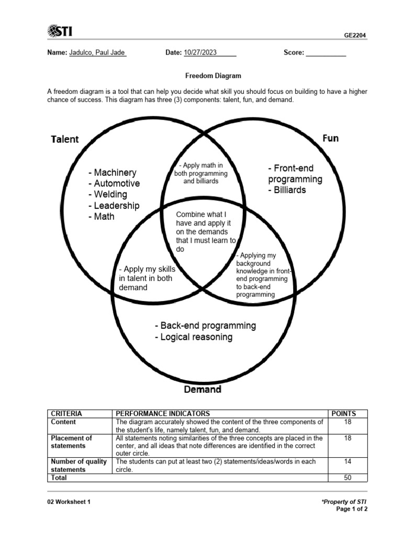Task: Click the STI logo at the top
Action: coord(60,31)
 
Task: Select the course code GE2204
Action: coord(355,35)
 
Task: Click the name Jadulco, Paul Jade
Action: coord(97,52)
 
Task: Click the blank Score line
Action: coord(326,53)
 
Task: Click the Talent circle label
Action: coord(65,139)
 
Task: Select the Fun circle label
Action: coord(330,138)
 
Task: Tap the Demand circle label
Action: coord(203,390)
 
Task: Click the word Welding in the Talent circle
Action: coord(110,195)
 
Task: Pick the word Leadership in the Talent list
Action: coord(117,206)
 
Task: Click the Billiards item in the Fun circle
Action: coord(289,190)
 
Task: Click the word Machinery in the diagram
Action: coord(115,173)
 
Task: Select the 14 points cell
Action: coord(348,461)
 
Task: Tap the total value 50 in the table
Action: coord(348,478)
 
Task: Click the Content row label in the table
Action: coord(63,422)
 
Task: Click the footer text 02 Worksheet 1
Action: coord(69,502)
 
